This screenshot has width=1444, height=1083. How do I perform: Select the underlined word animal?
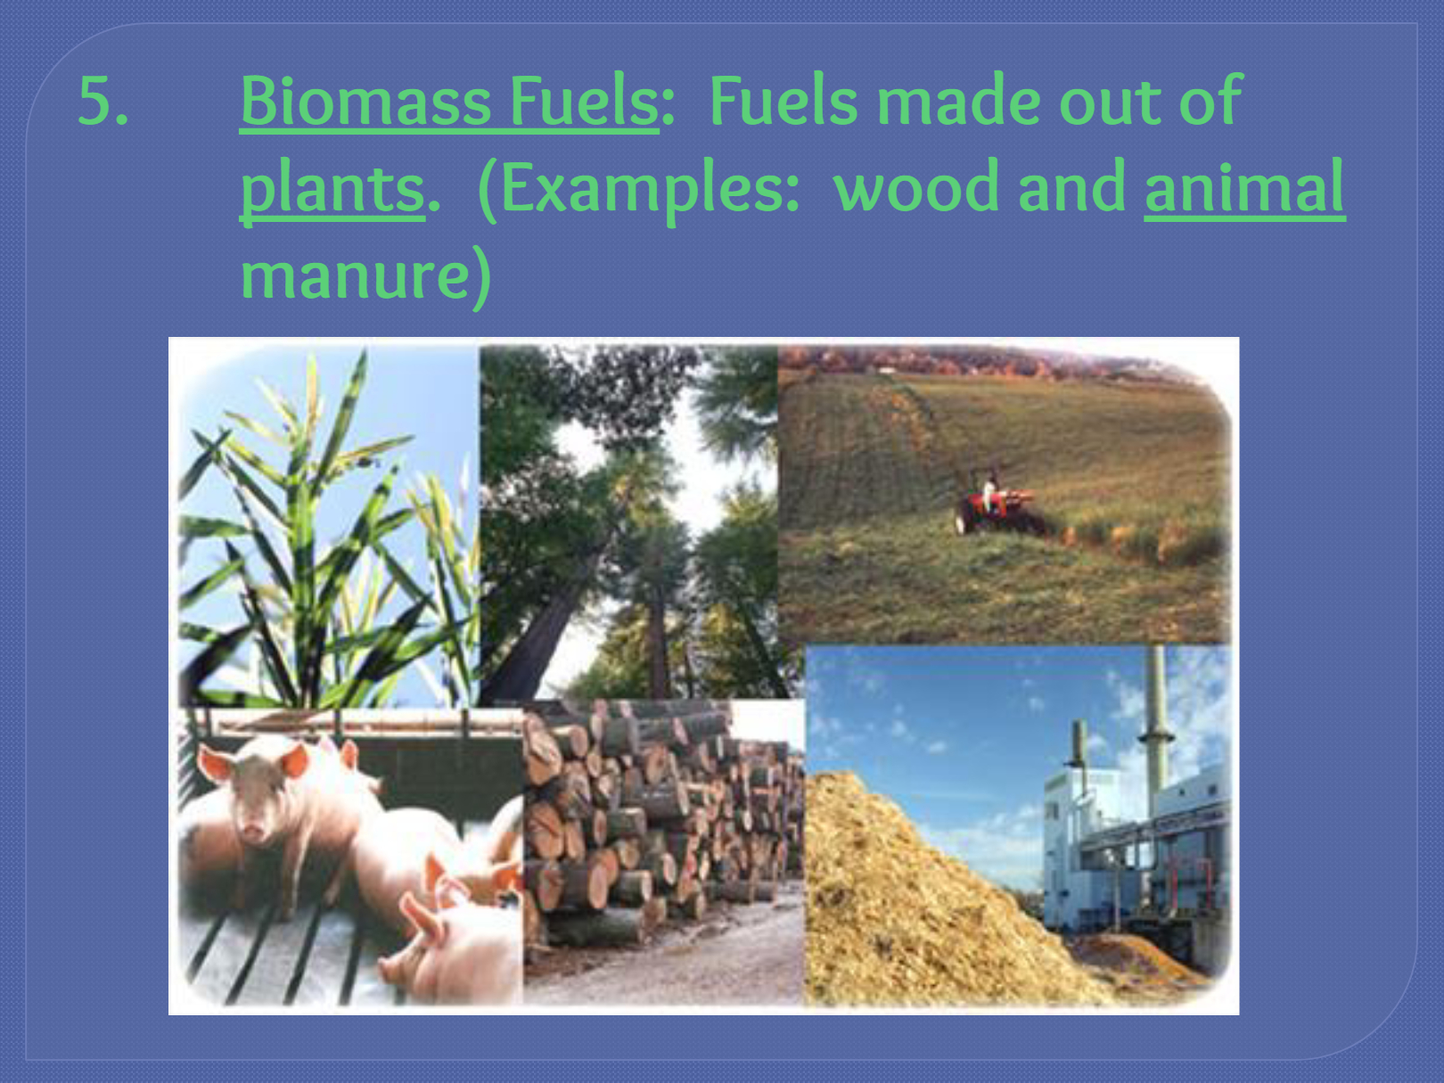(x=1244, y=187)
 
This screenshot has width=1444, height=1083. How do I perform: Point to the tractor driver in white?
(x=989, y=490)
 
